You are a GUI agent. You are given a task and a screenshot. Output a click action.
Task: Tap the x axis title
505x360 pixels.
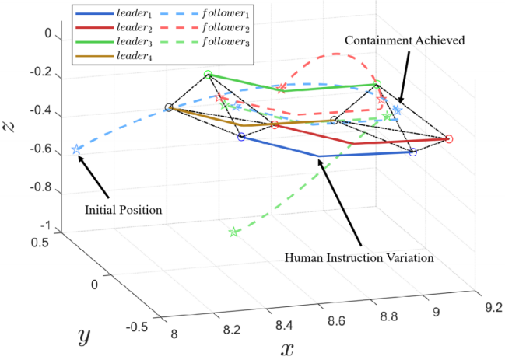[287, 348]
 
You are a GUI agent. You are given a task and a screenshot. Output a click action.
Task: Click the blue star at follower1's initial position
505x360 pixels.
[76, 149]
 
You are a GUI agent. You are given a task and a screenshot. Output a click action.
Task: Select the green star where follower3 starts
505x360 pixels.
[233, 232]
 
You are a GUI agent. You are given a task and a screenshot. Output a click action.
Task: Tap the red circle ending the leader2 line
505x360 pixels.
[449, 139]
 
